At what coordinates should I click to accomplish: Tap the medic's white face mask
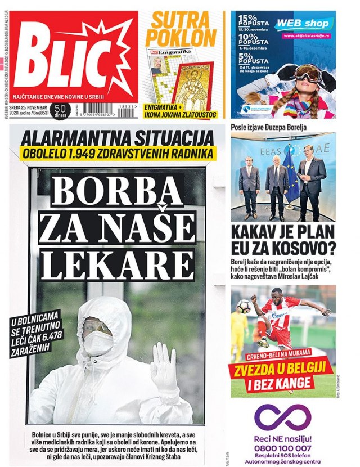click(x=98, y=343)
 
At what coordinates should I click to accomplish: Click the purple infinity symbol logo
click(x=282, y=416)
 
